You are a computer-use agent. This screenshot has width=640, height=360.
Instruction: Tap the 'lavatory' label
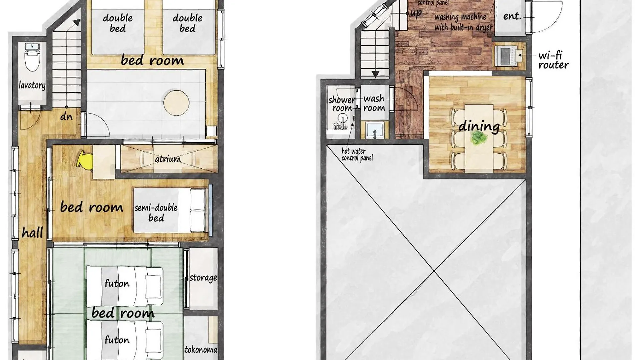[x=32, y=85]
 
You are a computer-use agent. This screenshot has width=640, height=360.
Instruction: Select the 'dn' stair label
[x=66, y=116]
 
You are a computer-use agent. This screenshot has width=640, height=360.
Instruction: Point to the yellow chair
[x=85, y=161]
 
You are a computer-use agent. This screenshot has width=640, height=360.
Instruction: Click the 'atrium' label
[x=168, y=159]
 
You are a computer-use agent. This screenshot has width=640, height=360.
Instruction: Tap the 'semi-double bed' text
[x=156, y=213]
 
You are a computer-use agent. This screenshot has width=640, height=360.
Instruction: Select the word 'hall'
[x=32, y=232]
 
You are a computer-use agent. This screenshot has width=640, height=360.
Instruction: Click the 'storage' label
[x=203, y=278]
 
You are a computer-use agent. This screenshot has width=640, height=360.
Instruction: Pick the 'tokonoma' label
[x=201, y=349]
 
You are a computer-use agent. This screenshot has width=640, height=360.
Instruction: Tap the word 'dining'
[x=479, y=126]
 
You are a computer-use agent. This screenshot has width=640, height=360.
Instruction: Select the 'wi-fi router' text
[x=553, y=60]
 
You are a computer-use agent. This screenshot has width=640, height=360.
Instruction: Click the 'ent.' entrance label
[x=512, y=16]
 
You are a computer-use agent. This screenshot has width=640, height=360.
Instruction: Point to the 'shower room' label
[x=341, y=104]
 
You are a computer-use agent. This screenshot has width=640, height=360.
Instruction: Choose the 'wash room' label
[x=374, y=103]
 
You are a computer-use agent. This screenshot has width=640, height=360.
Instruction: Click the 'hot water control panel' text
[x=357, y=155]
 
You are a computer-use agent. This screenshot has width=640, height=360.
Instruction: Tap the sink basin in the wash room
[x=374, y=130]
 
